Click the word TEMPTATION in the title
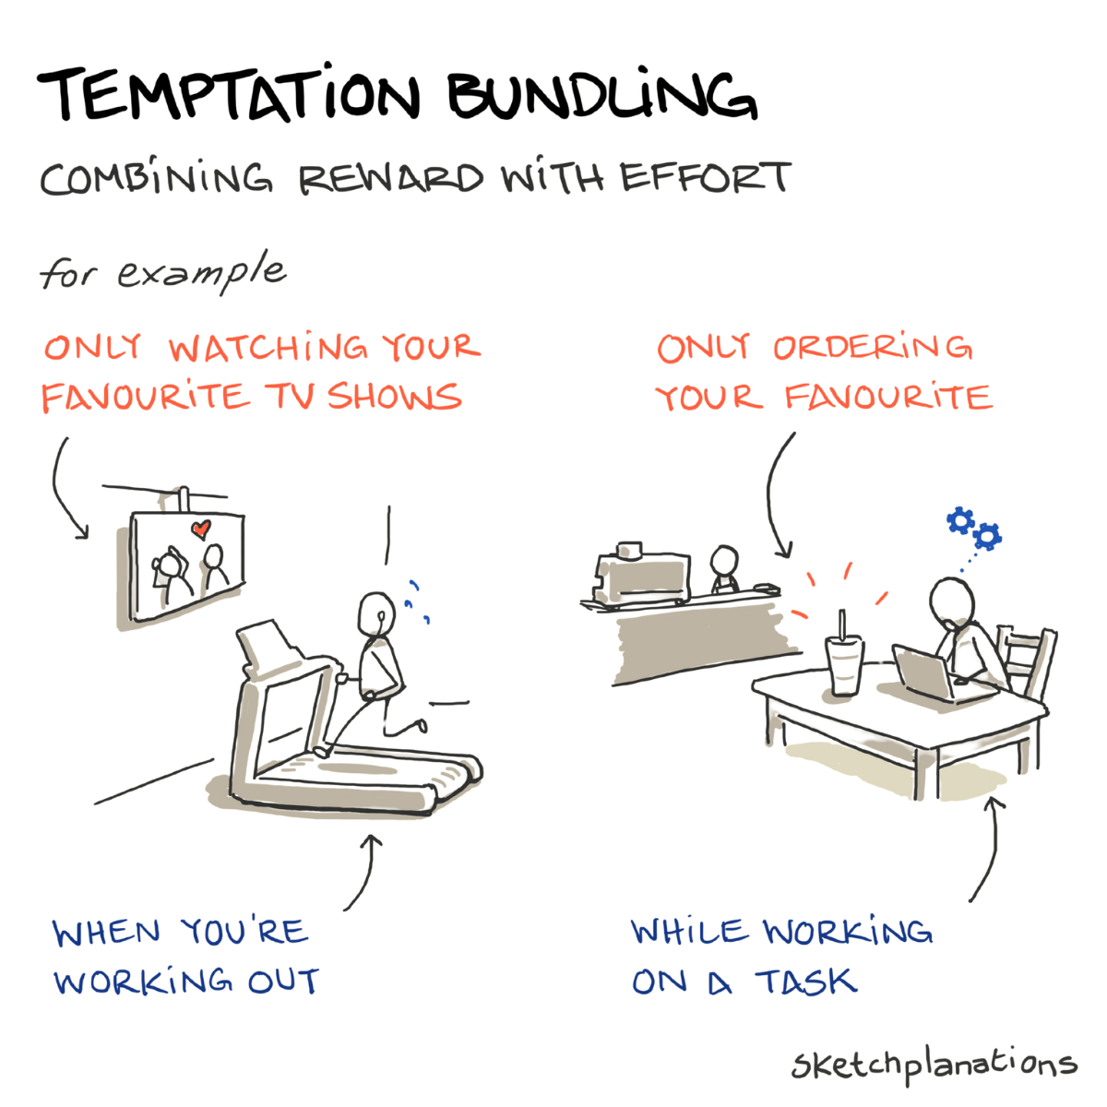click(x=229, y=95)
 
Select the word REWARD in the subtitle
click(x=391, y=179)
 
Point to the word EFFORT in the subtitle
click(x=706, y=176)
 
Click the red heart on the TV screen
click(x=200, y=529)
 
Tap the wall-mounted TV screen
click(x=188, y=565)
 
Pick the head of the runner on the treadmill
click(x=376, y=613)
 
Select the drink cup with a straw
click(x=844, y=657)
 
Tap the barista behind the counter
click(x=724, y=568)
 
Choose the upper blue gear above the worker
click(x=960, y=520)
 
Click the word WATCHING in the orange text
click(x=268, y=348)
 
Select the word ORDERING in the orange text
click(x=873, y=347)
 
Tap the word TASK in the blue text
click(x=806, y=982)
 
